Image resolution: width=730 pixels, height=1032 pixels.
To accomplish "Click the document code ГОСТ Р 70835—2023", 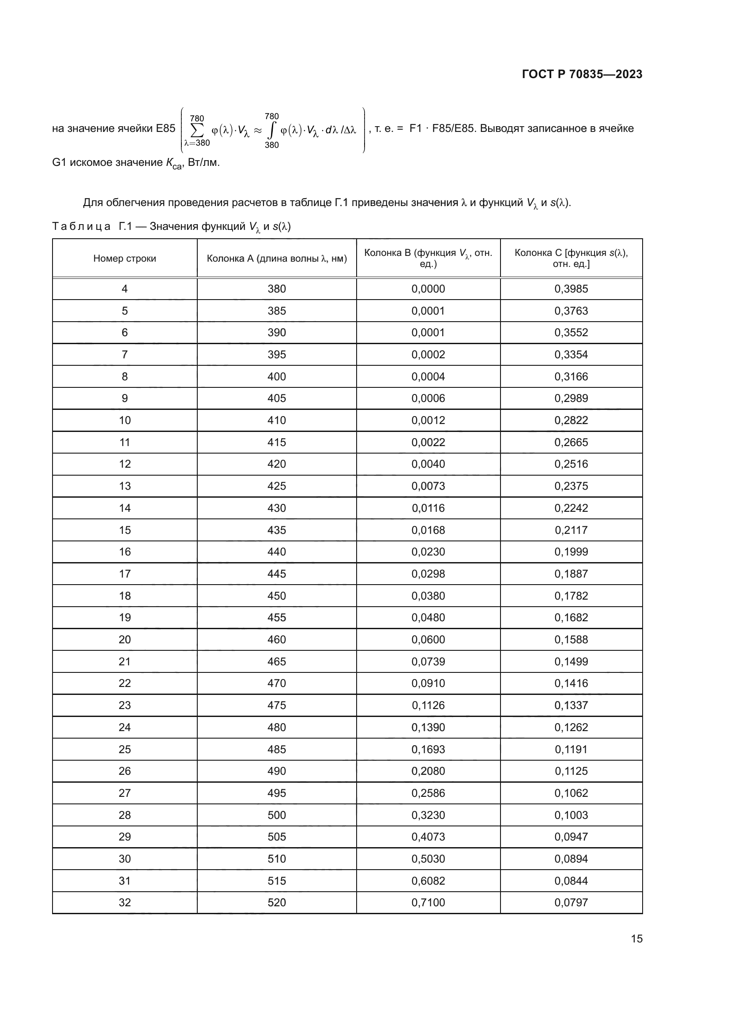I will (x=582, y=74).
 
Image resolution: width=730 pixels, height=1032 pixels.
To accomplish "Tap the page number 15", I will (x=636, y=938).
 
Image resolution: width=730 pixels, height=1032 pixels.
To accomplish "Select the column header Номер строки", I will (x=124, y=259).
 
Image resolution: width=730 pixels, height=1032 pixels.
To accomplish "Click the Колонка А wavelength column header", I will (x=276, y=259).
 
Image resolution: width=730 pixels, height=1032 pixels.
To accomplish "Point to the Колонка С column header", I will (x=571, y=258).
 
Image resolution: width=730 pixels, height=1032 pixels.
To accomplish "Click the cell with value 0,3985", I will (x=571, y=289).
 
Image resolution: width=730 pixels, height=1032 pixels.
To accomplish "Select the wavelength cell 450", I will (x=276, y=596).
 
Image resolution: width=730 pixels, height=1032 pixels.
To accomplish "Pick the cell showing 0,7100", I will (x=428, y=903).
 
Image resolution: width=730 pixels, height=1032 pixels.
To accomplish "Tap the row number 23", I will (x=124, y=705).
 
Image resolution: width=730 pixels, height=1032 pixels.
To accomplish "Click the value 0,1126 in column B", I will (x=428, y=705).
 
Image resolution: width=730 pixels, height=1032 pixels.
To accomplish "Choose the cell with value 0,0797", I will (x=571, y=903).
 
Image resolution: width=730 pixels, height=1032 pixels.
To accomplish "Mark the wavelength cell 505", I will (x=276, y=837).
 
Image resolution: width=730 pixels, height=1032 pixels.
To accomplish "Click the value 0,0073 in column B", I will (x=428, y=486).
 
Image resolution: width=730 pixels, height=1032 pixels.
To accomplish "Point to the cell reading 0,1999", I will (x=571, y=552).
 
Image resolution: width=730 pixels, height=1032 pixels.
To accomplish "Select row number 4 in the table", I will (x=124, y=289).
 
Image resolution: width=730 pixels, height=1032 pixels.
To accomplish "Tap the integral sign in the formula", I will (x=271, y=130).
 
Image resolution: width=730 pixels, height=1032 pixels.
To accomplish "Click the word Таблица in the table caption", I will (x=81, y=226).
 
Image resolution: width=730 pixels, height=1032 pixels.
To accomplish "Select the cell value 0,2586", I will (x=428, y=793).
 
